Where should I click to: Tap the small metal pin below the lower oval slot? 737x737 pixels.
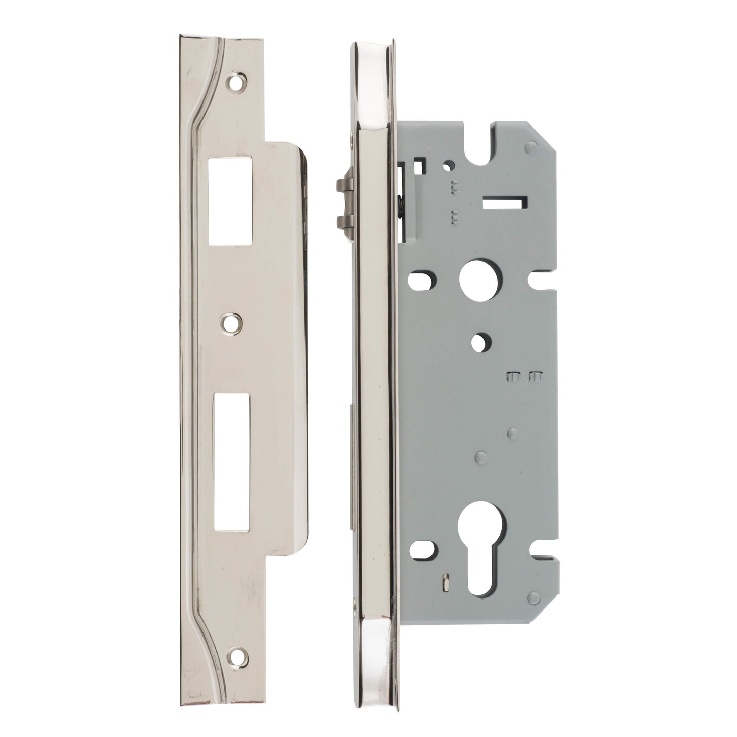click(x=444, y=581)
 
